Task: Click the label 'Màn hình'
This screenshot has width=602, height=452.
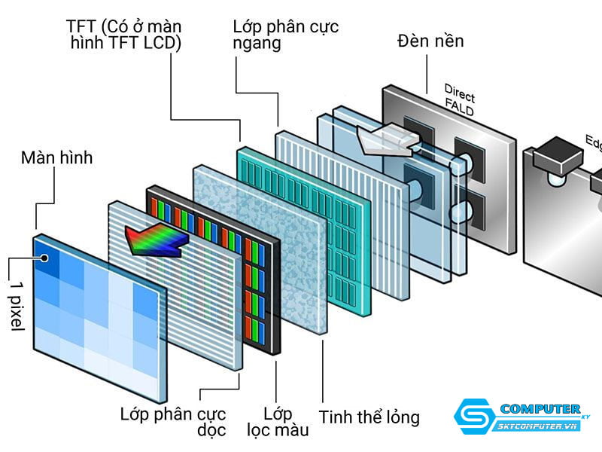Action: (56, 158)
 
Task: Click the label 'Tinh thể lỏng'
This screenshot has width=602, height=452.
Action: (369, 417)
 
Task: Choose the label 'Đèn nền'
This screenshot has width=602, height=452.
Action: (430, 40)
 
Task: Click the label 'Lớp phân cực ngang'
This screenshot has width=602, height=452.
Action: (285, 35)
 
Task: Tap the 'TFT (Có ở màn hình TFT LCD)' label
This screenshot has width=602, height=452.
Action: (123, 35)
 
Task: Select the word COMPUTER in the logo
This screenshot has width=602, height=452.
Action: (540, 409)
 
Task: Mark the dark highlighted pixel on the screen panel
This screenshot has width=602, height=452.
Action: (47, 258)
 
